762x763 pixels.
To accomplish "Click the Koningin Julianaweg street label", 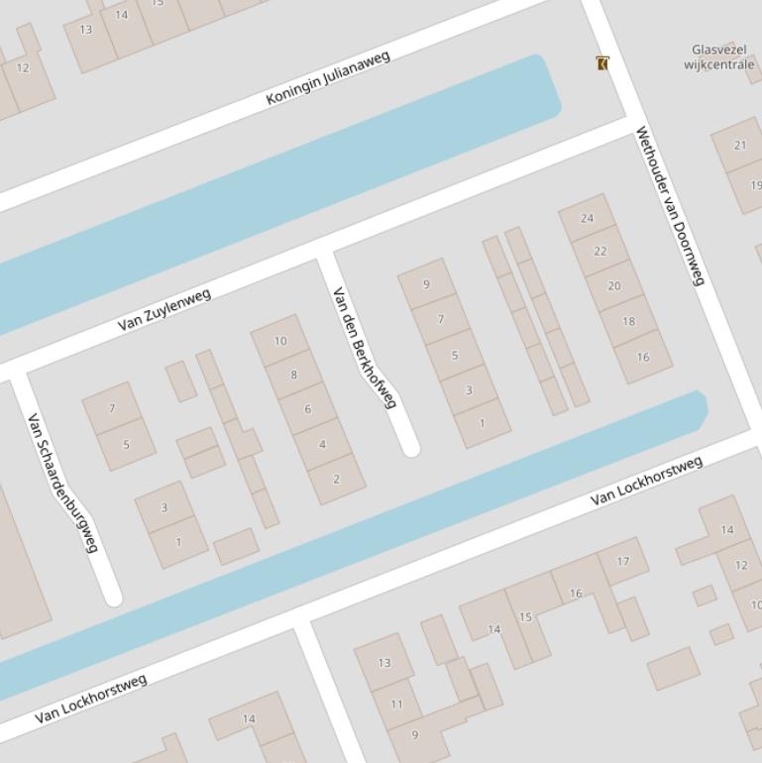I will tap(328, 78).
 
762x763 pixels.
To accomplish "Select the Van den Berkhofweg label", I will tap(364, 348).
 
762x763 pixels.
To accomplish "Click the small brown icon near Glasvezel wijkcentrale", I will tap(602, 63).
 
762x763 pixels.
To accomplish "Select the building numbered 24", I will tap(587, 219).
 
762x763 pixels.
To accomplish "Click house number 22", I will tap(599, 252).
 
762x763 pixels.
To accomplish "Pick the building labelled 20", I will tap(613, 286).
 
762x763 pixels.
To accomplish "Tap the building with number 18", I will tap(628, 321).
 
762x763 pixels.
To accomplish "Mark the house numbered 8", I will tap(293, 375).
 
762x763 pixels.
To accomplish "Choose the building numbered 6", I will tap(307, 409).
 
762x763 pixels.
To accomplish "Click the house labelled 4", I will tap(321, 444).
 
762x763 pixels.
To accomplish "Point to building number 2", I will tap(336, 480).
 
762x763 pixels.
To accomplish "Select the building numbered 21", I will tap(739, 146).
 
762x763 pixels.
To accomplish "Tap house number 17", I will tap(623, 562).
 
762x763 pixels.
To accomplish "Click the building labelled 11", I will tap(396, 705).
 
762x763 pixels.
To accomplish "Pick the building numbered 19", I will tap(753, 185).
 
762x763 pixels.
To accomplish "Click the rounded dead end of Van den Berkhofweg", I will tap(410, 448).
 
